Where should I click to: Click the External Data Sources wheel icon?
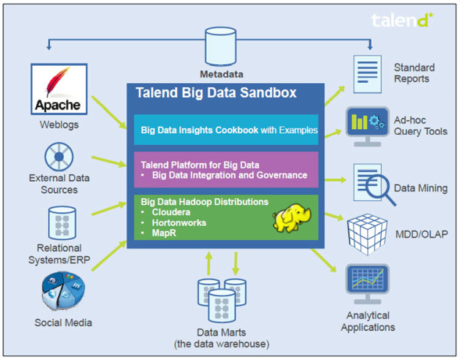tap(59, 156)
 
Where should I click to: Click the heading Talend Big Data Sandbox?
tap(215, 93)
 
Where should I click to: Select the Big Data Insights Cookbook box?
tap(226, 130)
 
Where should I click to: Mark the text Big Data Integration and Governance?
tap(229, 175)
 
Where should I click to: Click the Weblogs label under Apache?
tap(59, 125)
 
